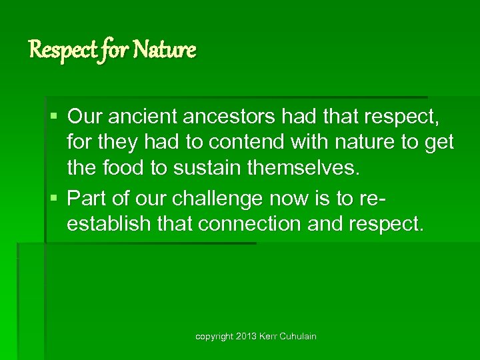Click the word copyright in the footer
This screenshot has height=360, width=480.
click(215, 337)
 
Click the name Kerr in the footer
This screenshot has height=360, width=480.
click(269, 337)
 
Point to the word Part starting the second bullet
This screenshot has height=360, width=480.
click(85, 198)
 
